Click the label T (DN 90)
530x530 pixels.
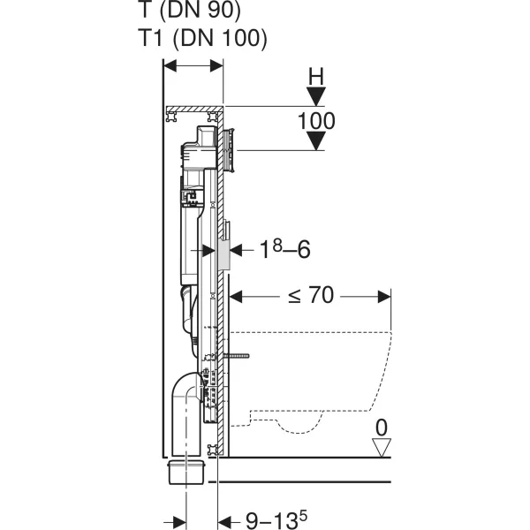(190, 10)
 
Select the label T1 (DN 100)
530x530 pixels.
(203, 37)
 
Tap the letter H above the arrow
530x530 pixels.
(316, 76)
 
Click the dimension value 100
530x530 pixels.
(316, 121)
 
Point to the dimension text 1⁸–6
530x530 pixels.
(284, 249)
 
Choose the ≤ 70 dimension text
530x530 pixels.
(311, 295)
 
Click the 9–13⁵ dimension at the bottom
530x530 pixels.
(276, 520)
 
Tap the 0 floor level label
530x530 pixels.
(382, 428)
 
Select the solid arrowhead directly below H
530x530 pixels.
(316, 96)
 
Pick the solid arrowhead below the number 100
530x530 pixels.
(316, 140)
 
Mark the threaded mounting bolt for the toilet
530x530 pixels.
(236, 356)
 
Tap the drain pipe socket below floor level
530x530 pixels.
(186, 471)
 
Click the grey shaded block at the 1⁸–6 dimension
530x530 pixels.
(224, 253)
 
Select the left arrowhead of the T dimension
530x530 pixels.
(170, 66)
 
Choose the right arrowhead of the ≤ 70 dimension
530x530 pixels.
(384, 297)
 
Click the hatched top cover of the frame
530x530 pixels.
(194, 109)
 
